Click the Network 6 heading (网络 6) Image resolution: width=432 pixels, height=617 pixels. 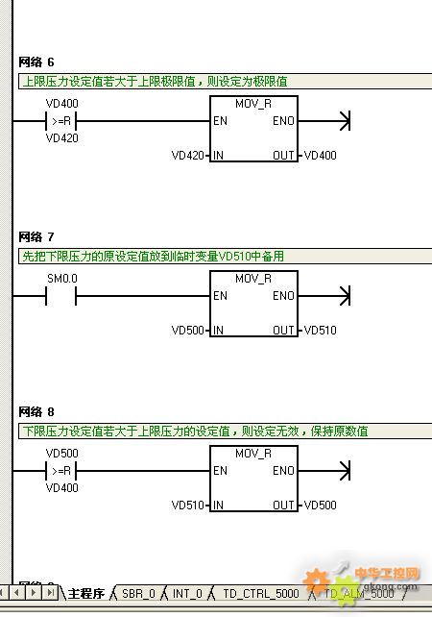36,62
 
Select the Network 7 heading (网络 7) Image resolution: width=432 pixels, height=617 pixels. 36,236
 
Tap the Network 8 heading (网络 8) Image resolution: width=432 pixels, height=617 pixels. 36,412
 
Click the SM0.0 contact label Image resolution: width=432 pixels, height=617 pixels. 62,279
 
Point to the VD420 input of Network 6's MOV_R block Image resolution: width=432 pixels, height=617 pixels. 187,156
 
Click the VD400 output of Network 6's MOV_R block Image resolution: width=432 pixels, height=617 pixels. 321,156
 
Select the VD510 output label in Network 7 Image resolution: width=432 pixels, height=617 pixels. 321,331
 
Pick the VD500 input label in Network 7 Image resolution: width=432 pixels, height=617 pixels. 187,331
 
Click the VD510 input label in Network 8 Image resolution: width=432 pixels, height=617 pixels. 187,505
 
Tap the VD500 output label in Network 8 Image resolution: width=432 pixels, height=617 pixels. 321,505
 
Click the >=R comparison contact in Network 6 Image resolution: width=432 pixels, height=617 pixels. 60,121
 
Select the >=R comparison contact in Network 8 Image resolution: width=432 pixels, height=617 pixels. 60,471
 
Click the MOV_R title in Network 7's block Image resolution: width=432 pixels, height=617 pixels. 253,279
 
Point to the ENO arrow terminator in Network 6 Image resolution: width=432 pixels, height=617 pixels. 345,121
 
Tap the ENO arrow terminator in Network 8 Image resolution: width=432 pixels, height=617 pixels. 345,471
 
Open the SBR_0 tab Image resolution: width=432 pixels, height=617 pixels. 138,593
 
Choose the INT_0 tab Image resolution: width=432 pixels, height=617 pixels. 187,593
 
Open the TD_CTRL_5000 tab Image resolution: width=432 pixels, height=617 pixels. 261,593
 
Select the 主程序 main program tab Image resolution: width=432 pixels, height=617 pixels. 86,593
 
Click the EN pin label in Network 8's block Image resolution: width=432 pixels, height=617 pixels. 220,471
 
